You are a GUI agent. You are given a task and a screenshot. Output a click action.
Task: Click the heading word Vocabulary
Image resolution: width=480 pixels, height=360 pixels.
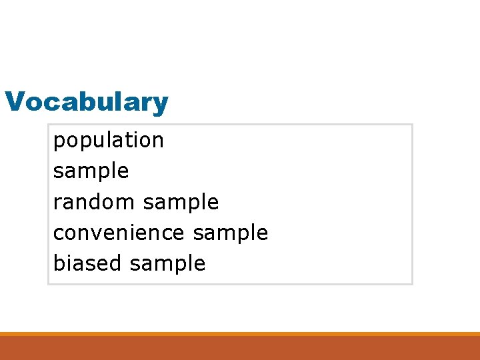[87, 103]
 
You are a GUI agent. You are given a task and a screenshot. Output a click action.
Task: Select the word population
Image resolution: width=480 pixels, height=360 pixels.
[108, 141]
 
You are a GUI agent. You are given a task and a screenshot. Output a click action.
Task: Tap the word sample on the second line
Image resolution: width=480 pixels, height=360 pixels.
[91, 171]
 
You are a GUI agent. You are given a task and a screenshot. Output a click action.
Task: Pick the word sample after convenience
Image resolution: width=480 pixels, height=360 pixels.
[230, 233]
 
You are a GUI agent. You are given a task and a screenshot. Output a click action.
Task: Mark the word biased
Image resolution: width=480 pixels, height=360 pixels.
[87, 263]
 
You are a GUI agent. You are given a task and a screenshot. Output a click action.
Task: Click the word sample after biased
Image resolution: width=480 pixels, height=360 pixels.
[167, 263]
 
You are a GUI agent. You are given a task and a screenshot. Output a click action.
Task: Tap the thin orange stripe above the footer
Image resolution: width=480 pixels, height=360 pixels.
[240, 334]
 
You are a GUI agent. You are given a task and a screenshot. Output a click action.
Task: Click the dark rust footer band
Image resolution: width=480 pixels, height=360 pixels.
[240, 348]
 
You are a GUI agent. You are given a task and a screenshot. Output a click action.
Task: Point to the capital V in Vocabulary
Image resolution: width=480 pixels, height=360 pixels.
[13, 102]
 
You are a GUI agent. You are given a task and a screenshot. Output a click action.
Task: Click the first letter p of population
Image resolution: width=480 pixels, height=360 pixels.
[58, 142]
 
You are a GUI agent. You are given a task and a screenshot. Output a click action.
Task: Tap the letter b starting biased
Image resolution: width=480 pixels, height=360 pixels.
[58, 263]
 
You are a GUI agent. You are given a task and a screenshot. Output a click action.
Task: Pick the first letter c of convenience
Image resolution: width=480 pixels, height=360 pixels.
[57, 233]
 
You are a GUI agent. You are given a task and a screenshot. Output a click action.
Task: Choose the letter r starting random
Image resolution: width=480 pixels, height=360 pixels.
[57, 203]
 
